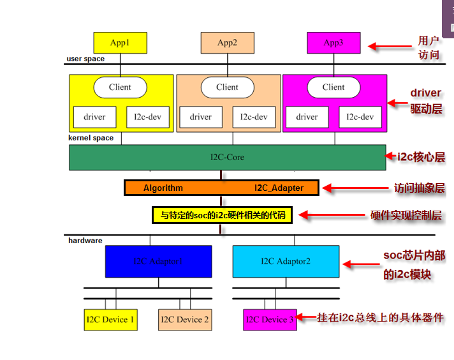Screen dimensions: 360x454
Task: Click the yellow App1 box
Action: click(x=120, y=43)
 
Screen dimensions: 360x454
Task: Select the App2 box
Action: click(x=227, y=43)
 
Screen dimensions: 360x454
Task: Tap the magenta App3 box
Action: click(x=333, y=43)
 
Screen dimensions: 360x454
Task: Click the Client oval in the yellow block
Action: click(x=120, y=87)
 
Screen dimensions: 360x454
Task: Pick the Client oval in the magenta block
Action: click(x=333, y=87)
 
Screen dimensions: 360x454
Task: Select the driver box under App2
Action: click(x=201, y=117)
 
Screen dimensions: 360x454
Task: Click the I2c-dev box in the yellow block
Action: click(x=147, y=117)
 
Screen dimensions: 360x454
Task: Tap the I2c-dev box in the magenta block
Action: click(x=360, y=117)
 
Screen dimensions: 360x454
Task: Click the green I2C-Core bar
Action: click(x=227, y=157)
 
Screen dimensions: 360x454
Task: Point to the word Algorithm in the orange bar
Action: click(x=163, y=188)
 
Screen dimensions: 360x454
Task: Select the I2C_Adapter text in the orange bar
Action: click(x=279, y=188)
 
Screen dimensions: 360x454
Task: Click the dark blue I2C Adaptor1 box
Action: click(x=158, y=261)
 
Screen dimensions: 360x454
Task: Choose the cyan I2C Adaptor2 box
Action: click(x=286, y=261)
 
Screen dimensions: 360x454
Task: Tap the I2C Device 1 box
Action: click(x=110, y=319)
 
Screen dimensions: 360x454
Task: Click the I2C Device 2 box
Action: click(x=184, y=319)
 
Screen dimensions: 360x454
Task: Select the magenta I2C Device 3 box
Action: click(x=270, y=319)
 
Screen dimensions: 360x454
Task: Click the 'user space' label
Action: click(x=85, y=59)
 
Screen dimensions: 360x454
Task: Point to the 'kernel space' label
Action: click(x=91, y=138)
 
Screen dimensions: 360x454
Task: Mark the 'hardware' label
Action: click(x=85, y=241)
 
